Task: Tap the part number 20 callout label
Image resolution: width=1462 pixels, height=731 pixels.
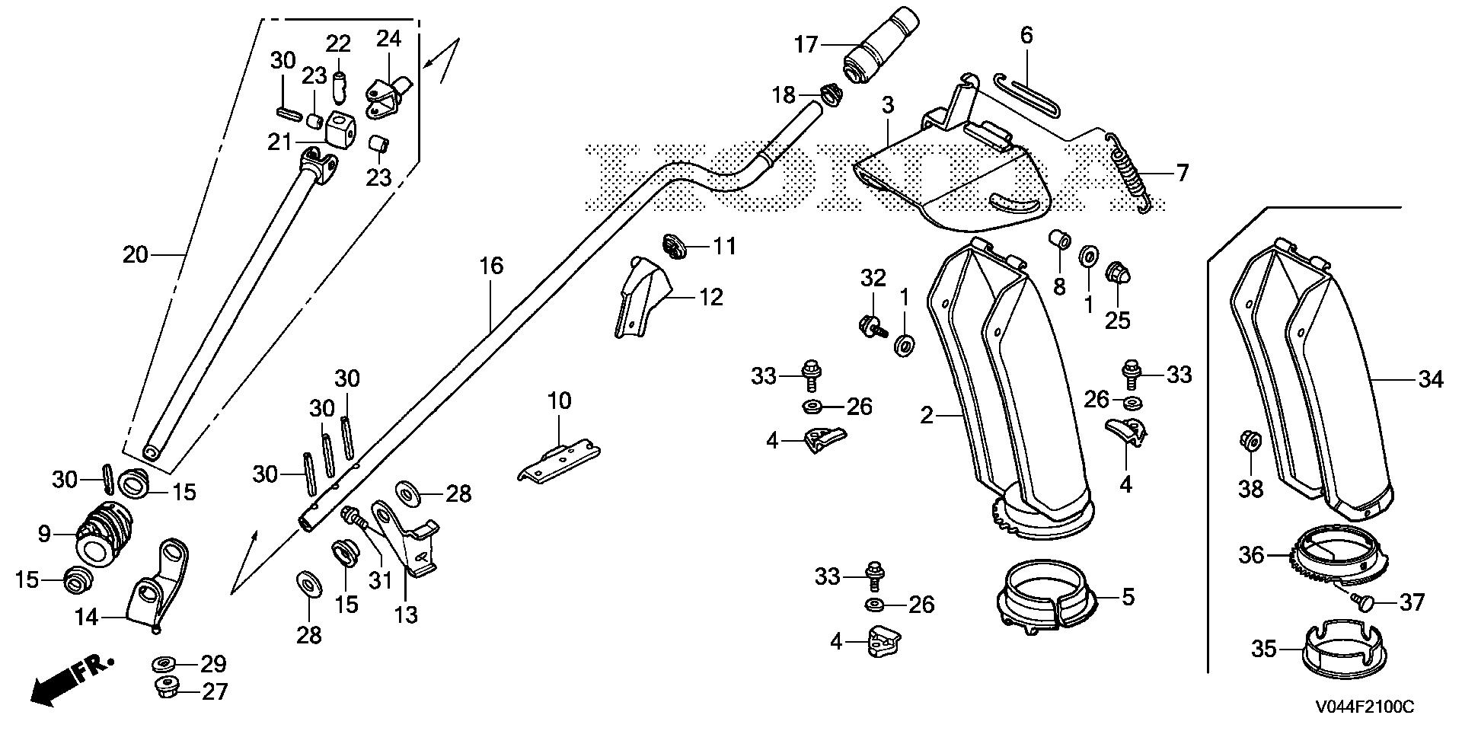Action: point(135,254)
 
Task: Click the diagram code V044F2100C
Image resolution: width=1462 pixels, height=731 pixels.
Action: point(1365,707)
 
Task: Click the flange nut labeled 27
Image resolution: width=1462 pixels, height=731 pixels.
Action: point(166,689)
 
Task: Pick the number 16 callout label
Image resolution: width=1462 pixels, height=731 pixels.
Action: point(491,267)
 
